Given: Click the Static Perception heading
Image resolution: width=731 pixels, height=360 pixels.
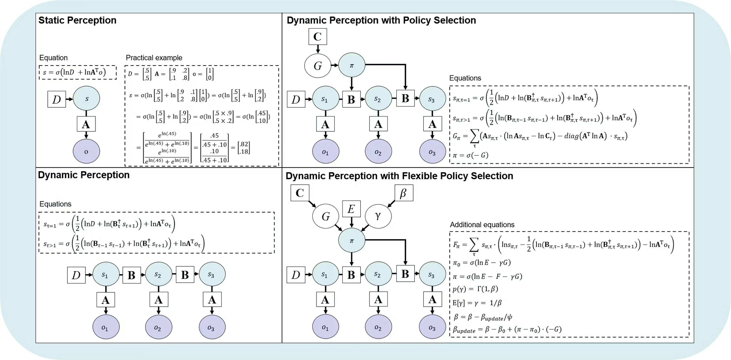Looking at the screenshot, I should tap(77, 20).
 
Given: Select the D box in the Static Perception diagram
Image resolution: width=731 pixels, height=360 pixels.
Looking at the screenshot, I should tap(57, 99).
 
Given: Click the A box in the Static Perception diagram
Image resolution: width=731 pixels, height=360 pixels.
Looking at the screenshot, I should tap(86, 124).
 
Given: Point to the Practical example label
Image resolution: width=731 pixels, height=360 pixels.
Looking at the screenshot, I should tap(154, 58).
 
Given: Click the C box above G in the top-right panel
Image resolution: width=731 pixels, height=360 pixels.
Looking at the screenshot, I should tap(318, 37).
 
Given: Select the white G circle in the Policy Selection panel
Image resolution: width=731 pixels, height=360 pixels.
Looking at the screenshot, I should tap(318, 66).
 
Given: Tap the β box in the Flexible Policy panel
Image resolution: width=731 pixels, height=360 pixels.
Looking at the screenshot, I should tap(404, 193).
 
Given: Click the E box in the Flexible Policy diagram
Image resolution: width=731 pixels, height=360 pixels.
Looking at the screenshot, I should tap(351, 209).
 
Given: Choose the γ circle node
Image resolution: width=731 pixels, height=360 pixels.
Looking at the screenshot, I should tap(378, 216).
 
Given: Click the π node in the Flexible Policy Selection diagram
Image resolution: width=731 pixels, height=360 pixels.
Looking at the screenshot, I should tap(351, 241).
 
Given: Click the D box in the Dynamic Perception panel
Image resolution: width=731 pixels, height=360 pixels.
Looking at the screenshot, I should tap(76, 275).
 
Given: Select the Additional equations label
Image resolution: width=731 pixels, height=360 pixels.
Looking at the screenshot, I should tap(482, 225).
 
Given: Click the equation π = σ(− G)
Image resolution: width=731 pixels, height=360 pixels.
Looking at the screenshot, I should tap(471, 155).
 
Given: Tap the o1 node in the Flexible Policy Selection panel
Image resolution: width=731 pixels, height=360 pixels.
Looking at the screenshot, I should tap(325, 328).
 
